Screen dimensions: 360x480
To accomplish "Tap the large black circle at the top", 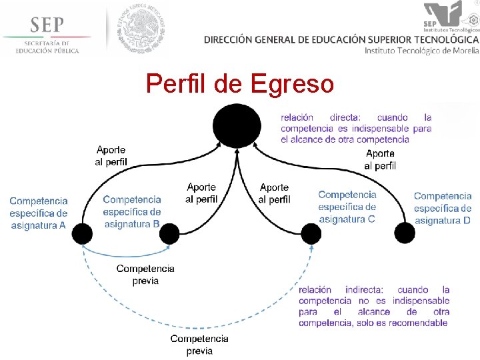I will click(237, 126).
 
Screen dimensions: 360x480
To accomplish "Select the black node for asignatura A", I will click(82, 233).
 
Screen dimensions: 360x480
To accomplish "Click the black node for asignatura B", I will click(169, 233).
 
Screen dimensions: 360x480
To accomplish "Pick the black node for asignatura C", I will click(311, 233).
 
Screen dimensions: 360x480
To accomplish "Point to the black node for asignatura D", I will click(405, 233).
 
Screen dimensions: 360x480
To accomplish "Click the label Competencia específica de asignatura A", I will click(39, 213).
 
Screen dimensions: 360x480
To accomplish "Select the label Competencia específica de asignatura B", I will click(132, 211).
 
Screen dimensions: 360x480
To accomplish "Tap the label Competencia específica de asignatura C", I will click(347, 207).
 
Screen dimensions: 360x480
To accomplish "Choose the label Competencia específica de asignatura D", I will click(443, 208).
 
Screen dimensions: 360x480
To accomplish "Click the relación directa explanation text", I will click(356, 129).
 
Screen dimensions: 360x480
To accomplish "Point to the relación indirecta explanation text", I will click(374, 306).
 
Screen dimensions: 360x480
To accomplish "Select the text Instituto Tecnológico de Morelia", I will click(421, 51).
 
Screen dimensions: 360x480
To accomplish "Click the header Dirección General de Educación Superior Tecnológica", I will click(341, 39).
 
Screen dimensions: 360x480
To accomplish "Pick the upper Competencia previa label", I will click(145, 274).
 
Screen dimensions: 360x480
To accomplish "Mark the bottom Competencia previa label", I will click(199, 344).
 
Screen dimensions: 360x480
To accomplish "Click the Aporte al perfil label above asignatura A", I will click(111, 156).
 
